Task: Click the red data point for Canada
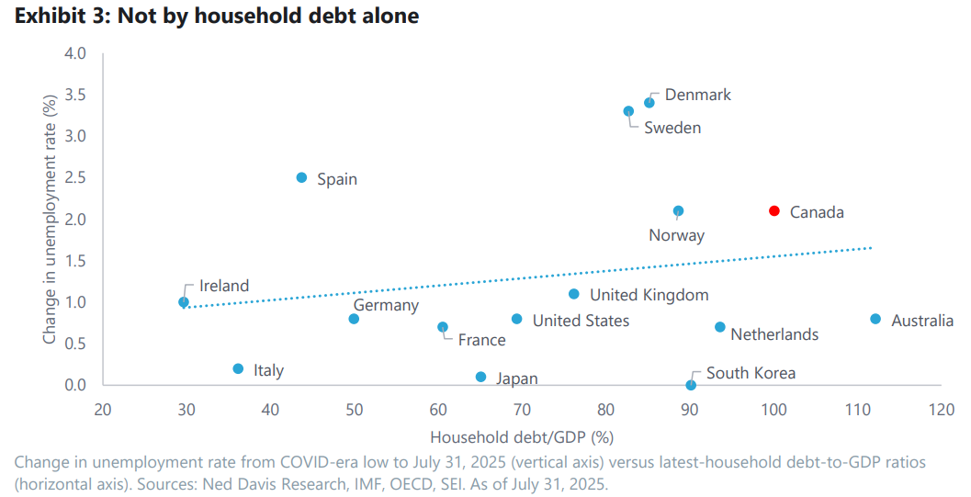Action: tap(773, 210)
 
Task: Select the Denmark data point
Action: tap(649, 102)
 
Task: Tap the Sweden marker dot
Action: tap(628, 111)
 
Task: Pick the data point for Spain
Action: tap(301, 177)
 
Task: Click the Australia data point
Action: tap(875, 319)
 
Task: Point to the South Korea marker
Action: tap(691, 385)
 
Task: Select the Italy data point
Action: tap(238, 368)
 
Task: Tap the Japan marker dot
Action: tap(480, 377)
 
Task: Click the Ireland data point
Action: tap(184, 301)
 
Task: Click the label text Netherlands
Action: tap(774, 334)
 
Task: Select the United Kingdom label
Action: tap(649, 295)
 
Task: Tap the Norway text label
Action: tap(676, 235)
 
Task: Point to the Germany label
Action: tap(386, 305)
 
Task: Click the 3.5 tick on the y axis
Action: tap(76, 95)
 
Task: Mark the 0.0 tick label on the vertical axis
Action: tap(76, 385)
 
